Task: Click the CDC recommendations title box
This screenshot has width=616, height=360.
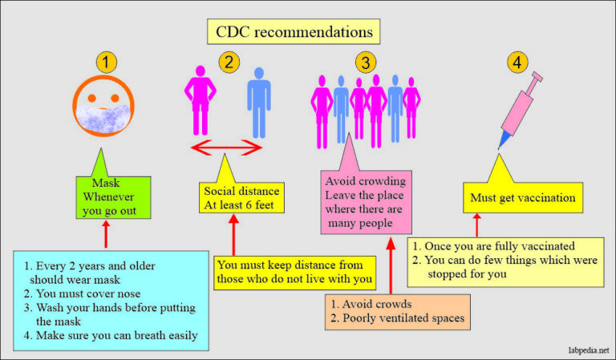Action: point(294,31)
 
